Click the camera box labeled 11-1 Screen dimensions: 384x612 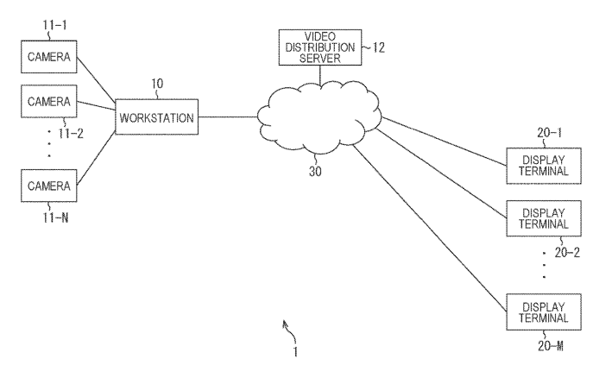click(x=49, y=60)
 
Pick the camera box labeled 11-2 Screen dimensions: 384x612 click(x=49, y=103)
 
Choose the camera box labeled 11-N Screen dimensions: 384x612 click(x=49, y=185)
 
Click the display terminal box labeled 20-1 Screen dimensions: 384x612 click(x=539, y=163)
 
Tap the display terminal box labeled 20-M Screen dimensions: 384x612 click(x=539, y=311)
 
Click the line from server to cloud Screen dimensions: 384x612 click(x=320, y=75)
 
